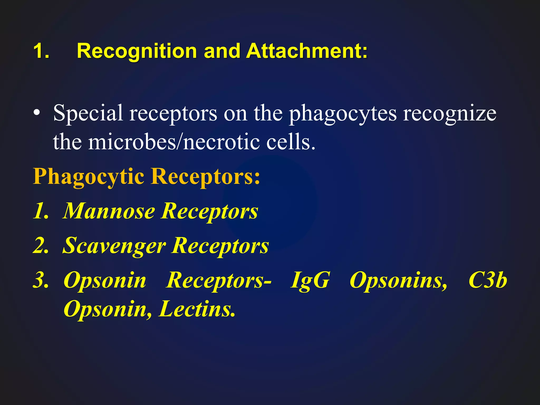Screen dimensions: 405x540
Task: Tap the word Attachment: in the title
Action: tap(306, 51)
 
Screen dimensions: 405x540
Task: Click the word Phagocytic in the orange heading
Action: tap(88, 177)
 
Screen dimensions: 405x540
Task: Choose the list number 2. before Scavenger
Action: tap(41, 245)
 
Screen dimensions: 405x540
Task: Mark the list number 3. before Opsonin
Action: tap(41, 280)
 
